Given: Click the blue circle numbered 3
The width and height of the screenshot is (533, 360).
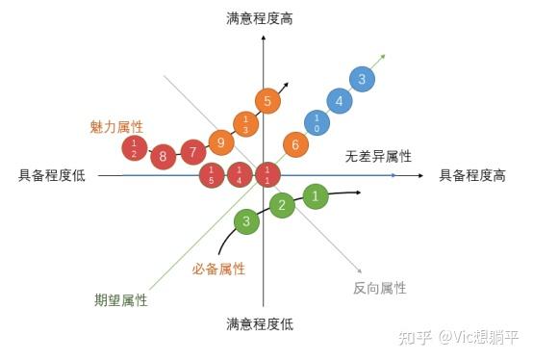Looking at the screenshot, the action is [361, 80].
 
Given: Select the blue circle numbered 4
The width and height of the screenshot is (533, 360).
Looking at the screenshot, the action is [339, 100].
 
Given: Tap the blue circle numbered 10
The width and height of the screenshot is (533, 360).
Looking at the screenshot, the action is [317, 122].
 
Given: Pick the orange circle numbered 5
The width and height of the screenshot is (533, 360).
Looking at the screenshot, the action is [267, 100].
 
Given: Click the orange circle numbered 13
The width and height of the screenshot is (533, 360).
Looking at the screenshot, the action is [245, 123].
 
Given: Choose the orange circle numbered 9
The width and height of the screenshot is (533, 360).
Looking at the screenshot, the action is [221, 143].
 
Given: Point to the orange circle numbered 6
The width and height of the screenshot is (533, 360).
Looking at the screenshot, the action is [295, 145].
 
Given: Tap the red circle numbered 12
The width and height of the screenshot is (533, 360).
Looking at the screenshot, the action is [136, 148].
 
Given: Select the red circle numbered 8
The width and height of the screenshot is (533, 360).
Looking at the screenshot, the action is [164, 155].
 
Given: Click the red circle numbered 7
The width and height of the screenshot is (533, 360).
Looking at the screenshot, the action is [193, 152].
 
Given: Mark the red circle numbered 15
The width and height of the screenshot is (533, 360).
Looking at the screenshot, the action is [211, 174].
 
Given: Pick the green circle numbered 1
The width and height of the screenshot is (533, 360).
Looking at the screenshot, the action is [315, 195].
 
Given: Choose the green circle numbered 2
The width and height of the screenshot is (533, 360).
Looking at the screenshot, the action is [282, 205].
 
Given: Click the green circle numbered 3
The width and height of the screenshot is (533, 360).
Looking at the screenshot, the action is [246, 222].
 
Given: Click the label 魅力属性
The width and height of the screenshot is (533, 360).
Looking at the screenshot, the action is [116, 126].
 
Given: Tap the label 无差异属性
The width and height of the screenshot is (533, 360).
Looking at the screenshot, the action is [378, 155].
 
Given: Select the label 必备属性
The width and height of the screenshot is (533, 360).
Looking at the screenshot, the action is [218, 269].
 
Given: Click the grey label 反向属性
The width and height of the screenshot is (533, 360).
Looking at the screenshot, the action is [380, 288].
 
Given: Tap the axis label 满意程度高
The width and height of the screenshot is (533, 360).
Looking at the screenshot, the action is [260, 18].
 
